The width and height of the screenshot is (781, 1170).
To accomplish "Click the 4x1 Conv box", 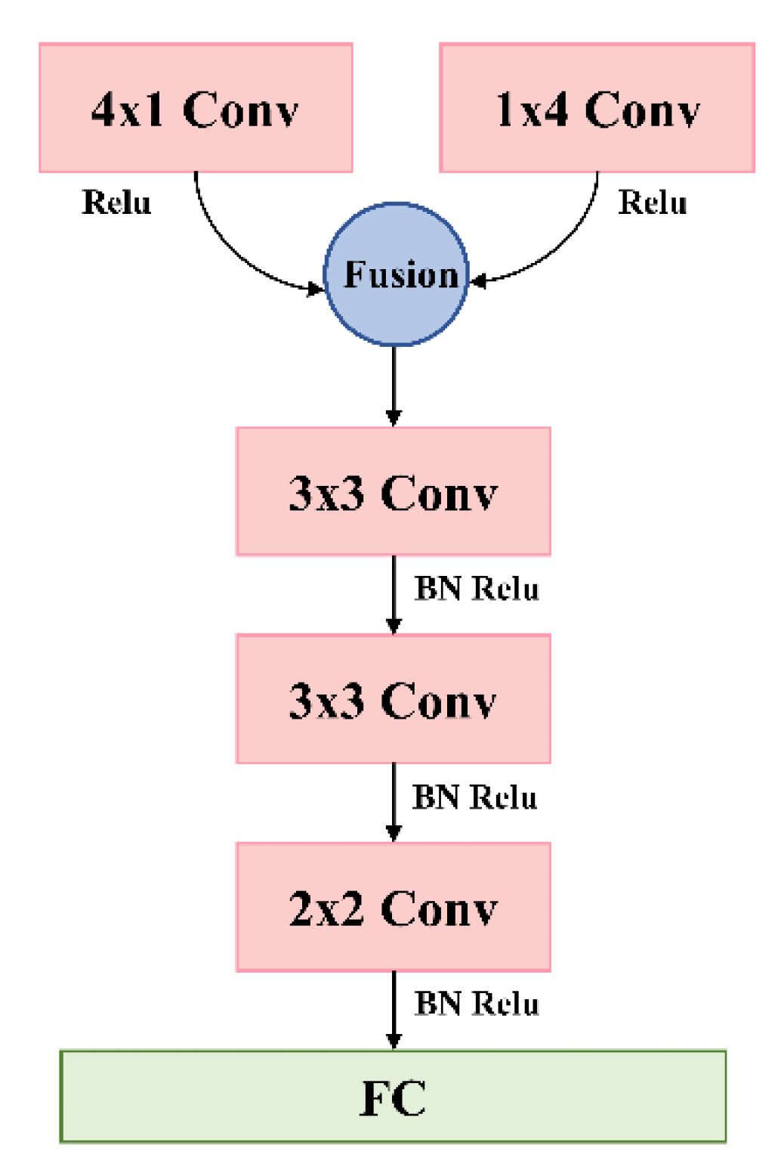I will pyautogui.click(x=196, y=107).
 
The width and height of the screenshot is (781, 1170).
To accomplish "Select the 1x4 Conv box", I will pyautogui.click(x=597, y=107).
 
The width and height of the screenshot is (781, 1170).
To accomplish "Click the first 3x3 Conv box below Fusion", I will pyautogui.click(x=393, y=491).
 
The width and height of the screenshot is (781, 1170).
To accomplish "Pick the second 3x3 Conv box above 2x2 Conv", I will pyautogui.click(x=393, y=698).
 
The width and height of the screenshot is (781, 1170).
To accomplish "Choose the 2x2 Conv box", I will pyautogui.click(x=393, y=906).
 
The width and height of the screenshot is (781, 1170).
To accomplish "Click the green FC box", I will pyautogui.click(x=393, y=1096).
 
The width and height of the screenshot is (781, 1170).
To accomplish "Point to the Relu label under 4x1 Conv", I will pyautogui.click(x=116, y=203).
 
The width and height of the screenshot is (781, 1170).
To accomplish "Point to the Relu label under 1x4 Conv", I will pyautogui.click(x=653, y=203).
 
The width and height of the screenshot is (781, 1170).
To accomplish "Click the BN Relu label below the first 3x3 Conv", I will pyautogui.click(x=477, y=589).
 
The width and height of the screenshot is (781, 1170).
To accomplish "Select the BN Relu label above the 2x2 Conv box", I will pyautogui.click(x=474, y=797).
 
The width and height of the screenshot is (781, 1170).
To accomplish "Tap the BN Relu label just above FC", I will pyautogui.click(x=477, y=1004).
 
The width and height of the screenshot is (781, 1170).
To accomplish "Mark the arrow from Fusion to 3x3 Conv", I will pyautogui.click(x=394, y=385).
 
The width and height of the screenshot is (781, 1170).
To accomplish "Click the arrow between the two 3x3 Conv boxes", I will pyautogui.click(x=394, y=594).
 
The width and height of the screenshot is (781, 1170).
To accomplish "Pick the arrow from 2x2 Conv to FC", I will pyautogui.click(x=394, y=1010).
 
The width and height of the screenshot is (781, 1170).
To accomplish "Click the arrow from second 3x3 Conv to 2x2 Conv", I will pyautogui.click(x=394, y=802).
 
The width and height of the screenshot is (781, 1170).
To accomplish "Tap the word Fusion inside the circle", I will pyautogui.click(x=401, y=274).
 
